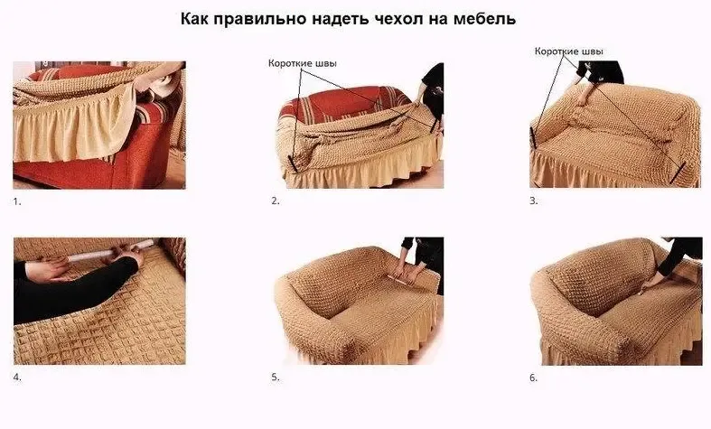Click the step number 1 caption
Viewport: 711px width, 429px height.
pos(17,201)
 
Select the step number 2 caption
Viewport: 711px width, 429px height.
pos(276,201)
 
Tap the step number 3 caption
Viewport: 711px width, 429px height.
pos(533,201)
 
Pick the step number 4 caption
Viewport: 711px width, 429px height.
pos(17,377)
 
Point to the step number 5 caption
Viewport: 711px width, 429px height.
pos(276,377)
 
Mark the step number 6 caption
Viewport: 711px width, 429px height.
pos(533,377)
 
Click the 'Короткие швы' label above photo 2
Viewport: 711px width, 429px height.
pos(304,63)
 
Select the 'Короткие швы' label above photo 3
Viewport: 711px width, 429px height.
pos(570,52)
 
